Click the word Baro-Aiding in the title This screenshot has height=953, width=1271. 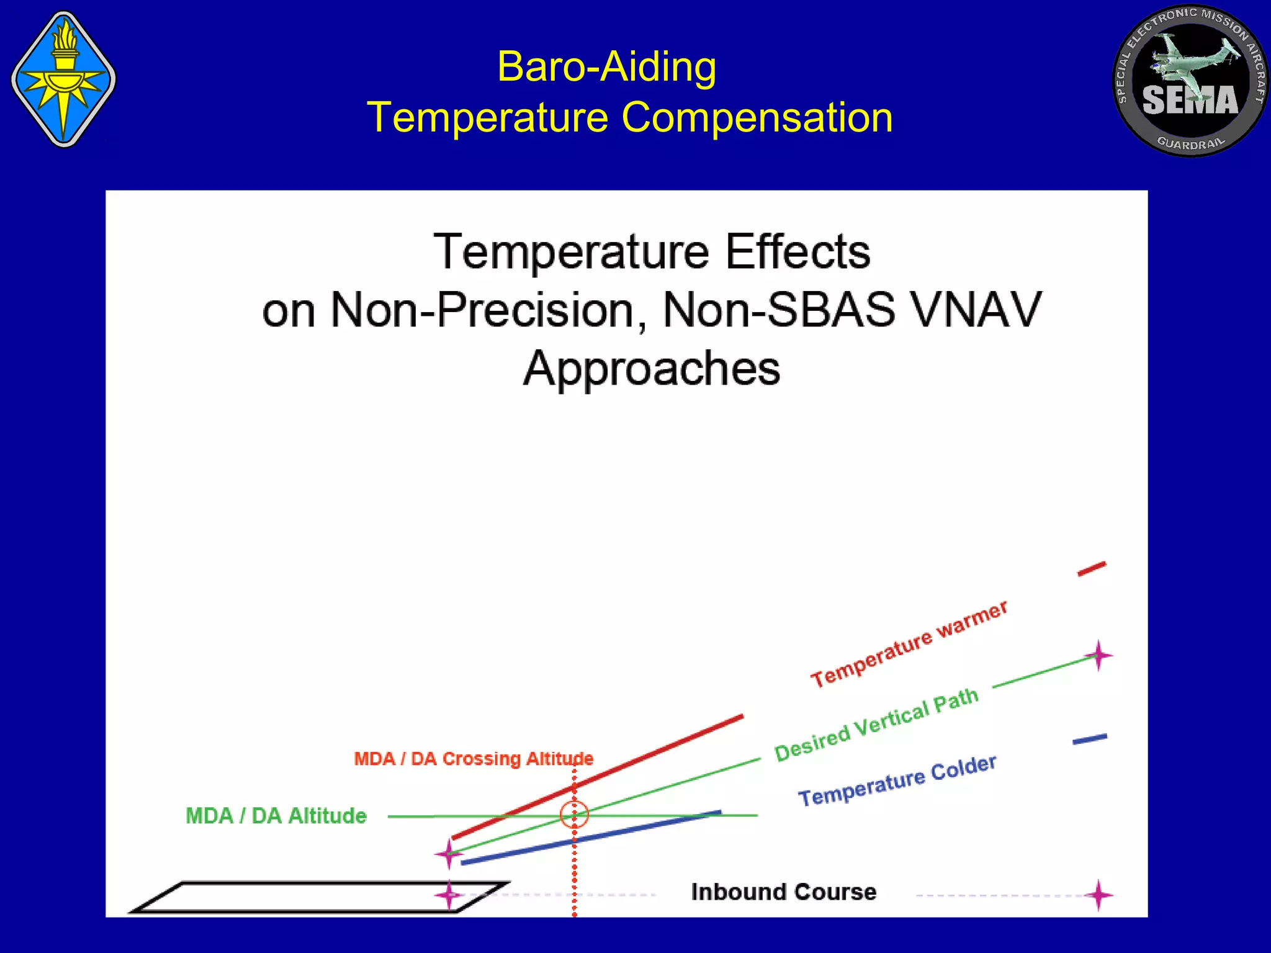(606, 66)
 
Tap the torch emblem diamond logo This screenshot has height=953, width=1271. (63, 79)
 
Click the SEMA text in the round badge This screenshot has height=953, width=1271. (1190, 101)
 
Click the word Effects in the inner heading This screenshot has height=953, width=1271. (797, 252)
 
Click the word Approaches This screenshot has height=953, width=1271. (651, 369)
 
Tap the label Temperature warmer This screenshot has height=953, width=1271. (909, 644)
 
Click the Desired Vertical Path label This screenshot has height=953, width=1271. (877, 725)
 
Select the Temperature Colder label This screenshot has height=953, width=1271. (897, 781)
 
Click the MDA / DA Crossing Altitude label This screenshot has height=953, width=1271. (473, 759)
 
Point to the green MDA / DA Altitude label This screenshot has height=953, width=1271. (276, 816)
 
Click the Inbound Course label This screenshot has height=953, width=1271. (784, 892)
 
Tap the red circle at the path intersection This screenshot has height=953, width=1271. (574, 815)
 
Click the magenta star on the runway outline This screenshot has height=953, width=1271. (448, 895)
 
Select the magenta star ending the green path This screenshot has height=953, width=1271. (1098, 656)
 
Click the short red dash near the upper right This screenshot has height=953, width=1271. (1092, 569)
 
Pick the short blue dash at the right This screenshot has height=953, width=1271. (1090, 739)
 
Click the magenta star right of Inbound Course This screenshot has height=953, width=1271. (1098, 895)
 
